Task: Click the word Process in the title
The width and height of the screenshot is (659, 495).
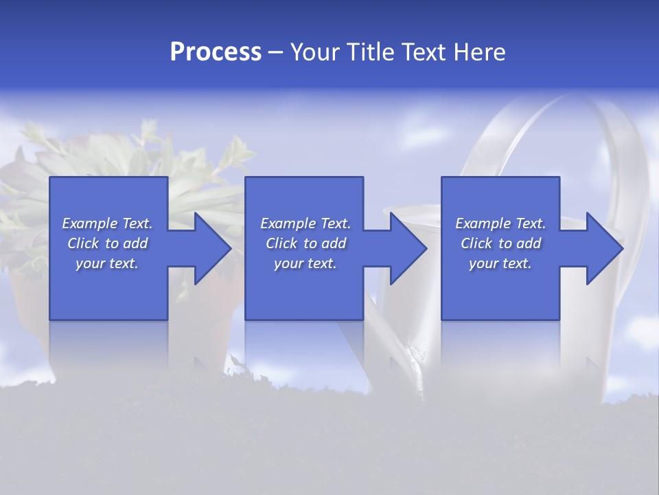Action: click(216, 52)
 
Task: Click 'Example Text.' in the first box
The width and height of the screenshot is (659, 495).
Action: click(107, 223)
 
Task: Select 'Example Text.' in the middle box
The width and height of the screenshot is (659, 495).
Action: click(305, 223)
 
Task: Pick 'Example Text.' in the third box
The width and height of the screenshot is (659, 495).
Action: click(500, 223)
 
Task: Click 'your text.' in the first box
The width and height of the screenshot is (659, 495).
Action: click(107, 263)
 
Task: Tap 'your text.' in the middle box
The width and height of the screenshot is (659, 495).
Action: click(305, 263)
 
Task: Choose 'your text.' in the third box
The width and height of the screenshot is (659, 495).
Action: click(500, 263)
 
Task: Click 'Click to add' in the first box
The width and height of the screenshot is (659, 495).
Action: click(107, 243)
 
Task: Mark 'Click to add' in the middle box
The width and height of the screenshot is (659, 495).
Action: click(305, 243)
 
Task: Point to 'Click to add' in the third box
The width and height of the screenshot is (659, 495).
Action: click(500, 243)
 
